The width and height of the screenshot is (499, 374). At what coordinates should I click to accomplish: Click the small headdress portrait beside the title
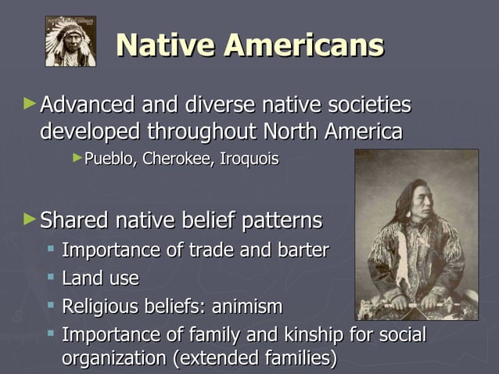70,41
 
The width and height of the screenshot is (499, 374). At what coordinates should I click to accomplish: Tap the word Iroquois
249,159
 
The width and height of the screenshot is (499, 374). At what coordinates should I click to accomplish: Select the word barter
303,251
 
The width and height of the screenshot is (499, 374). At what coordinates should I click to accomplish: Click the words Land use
100,278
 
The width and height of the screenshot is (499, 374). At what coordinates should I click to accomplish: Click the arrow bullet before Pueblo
77,158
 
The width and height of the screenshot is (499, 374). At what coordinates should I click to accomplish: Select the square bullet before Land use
51,277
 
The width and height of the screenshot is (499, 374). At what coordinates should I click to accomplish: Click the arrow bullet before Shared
30,218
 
